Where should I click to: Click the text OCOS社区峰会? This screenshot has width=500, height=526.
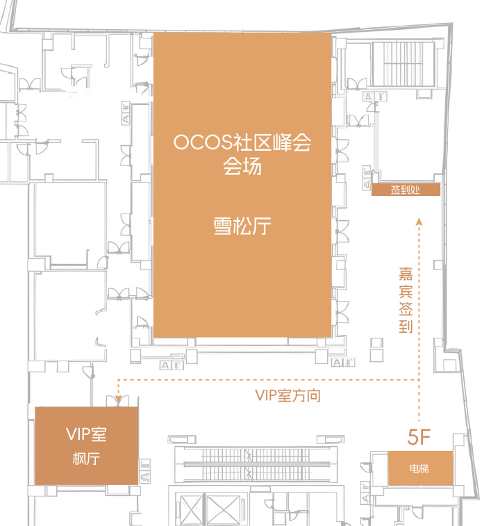click(242, 143)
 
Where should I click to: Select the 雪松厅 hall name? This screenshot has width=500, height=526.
click(242, 227)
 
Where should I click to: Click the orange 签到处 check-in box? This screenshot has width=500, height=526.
click(406, 190)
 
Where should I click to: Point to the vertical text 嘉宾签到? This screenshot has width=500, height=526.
click(406, 299)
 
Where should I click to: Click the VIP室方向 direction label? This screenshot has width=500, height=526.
click(287, 395)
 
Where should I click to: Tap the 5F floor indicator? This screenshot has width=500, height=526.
click(420, 437)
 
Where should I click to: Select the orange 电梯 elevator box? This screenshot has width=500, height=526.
click(419, 468)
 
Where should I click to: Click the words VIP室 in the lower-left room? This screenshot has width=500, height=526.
click(86, 434)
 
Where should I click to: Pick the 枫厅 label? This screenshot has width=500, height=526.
click(86, 459)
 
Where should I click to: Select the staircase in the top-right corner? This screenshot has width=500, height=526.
click(403, 65)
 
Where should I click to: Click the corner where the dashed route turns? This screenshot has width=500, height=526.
click(419, 380)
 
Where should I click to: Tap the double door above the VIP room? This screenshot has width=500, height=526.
click(113, 401)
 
